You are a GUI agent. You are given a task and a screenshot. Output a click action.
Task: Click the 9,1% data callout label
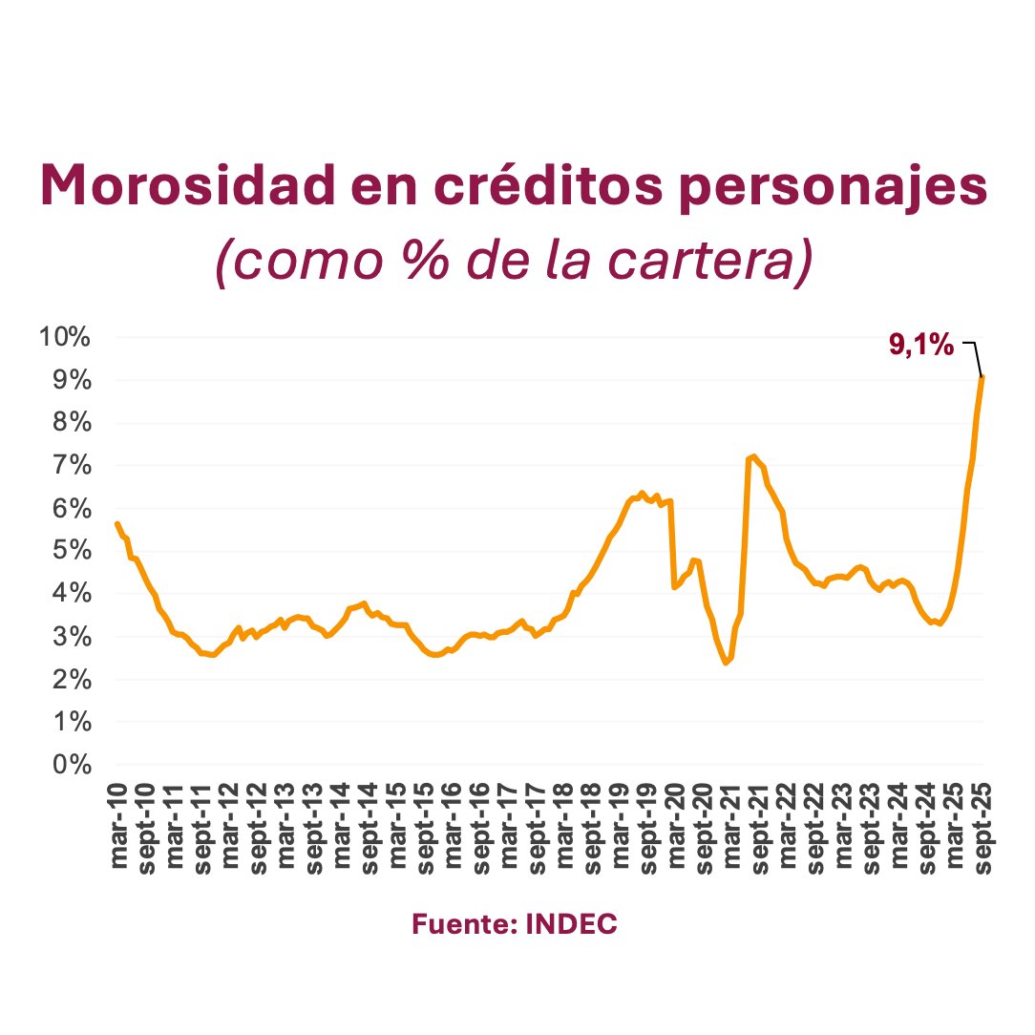tap(921, 346)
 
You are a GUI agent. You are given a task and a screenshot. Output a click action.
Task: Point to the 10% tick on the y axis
tap(64, 337)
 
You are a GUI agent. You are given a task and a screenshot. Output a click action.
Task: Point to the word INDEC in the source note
tap(572, 924)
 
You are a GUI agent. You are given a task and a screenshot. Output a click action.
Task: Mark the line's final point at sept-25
tap(982, 377)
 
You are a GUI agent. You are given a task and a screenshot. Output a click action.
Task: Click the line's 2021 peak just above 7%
tap(754, 456)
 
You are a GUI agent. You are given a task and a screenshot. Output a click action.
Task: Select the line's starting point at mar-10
tap(116, 523)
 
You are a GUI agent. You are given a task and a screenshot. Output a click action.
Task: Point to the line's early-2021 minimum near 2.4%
tap(727, 663)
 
